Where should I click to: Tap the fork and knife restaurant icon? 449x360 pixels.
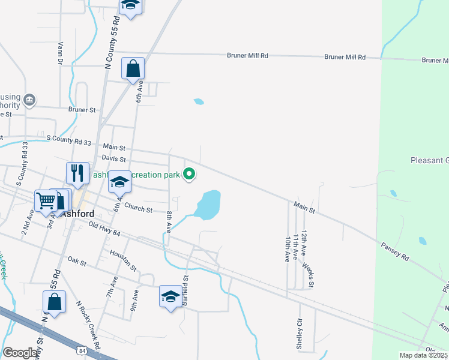coord(77,173)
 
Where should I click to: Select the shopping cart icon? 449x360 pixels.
coord(46,201)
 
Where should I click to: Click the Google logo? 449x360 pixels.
coord(20,353)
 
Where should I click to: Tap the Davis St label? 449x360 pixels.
coord(113,159)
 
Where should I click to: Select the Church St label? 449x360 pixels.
coord(137,208)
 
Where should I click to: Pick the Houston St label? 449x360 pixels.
coord(123,260)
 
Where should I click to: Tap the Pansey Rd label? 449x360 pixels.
coord(395,251)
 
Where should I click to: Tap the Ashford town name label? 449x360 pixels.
coord(76,213)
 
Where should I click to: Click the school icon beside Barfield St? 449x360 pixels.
coord(170,296)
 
